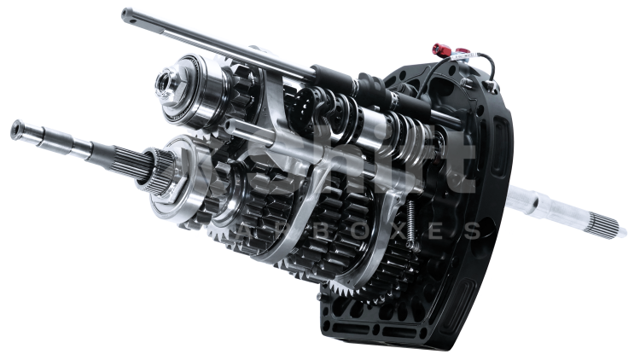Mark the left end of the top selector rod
(x=126, y=13)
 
